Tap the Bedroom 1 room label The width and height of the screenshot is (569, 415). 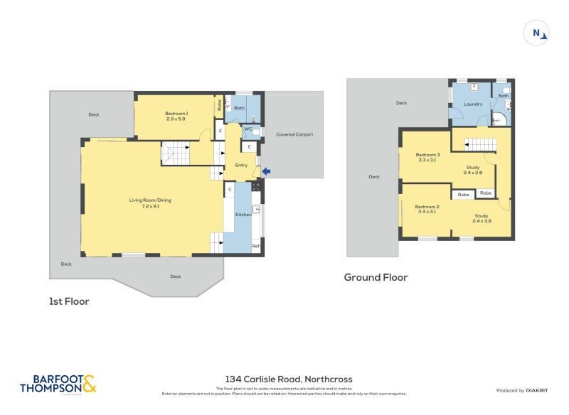point(176,116)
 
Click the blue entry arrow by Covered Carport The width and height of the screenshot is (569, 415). point(267,171)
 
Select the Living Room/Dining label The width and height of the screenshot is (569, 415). point(149,203)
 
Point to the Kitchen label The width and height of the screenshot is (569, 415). point(243,215)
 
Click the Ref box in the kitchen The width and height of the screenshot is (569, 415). point(255,247)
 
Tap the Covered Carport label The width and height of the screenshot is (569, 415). point(294,134)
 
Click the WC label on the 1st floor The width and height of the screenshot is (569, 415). point(249,129)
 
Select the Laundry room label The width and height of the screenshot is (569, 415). point(473,104)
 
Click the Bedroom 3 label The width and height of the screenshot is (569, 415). point(428,157)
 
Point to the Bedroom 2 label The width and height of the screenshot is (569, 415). point(427,209)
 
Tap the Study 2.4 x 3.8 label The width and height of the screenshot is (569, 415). point(482,218)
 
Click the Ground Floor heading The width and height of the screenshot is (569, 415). point(376,277)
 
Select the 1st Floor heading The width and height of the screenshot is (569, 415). point(69,301)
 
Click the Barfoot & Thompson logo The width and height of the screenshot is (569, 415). point(58,384)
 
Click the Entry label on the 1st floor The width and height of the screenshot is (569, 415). point(241,166)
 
